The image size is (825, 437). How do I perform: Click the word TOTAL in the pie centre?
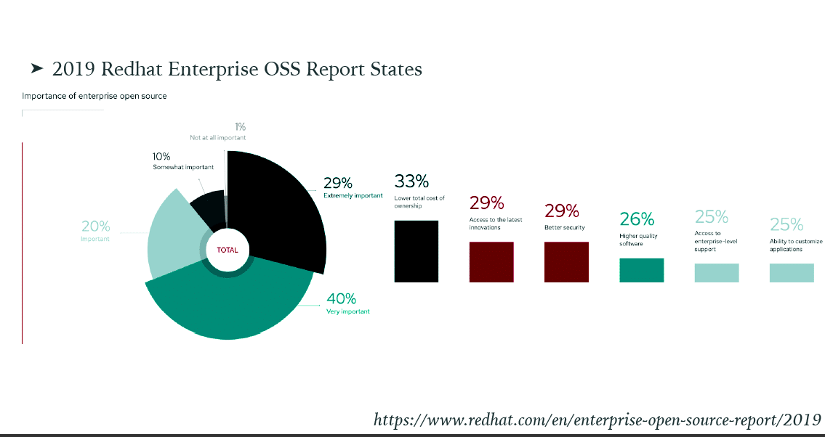(228, 250)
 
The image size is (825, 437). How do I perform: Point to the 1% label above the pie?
(240, 127)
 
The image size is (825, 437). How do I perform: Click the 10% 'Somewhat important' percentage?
(161, 156)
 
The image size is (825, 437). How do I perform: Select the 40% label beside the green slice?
(341, 298)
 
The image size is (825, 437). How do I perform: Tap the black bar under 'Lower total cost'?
(416, 251)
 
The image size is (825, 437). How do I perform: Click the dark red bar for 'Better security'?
(566, 261)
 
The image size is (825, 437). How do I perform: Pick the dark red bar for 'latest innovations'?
(491, 261)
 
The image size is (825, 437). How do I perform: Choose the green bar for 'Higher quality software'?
(641, 270)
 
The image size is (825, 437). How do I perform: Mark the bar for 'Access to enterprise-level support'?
(717, 272)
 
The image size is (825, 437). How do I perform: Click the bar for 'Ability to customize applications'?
(792, 272)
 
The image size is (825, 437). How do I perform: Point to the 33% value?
(411, 181)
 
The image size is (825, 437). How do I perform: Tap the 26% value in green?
(637, 218)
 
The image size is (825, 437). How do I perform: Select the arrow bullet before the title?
(37, 68)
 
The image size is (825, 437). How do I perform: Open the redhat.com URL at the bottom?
(597, 420)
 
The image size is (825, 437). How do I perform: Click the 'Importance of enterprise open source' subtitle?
(94, 96)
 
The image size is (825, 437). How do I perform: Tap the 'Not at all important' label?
(218, 137)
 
